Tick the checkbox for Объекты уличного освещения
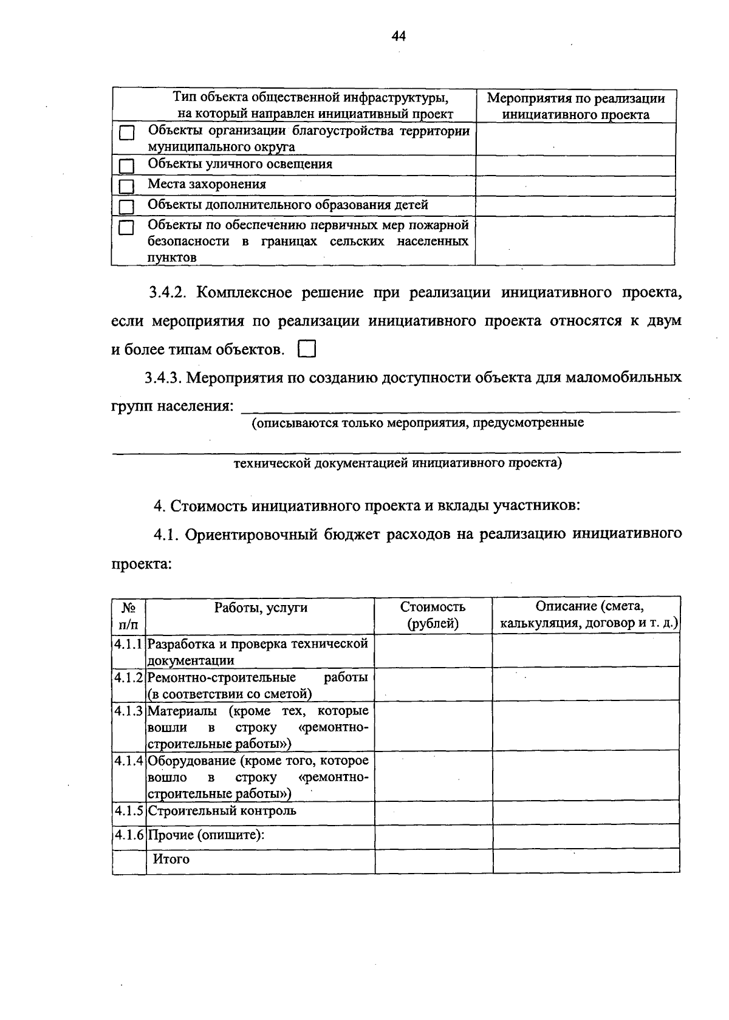click(126, 166)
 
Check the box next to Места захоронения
click(126, 187)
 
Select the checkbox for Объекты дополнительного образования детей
click(126, 207)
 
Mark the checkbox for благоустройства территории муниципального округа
click(126, 133)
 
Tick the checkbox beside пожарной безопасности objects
click(126, 228)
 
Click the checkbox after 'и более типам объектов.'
click(307, 349)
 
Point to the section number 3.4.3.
click(163, 378)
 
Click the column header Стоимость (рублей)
click(433, 615)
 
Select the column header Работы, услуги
click(261, 608)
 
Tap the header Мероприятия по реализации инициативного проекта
click(576, 106)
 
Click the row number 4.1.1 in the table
click(129, 643)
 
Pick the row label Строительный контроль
click(222, 810)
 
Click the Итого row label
click(171, 859)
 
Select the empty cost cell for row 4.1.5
click(433, 812)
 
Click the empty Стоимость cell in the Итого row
click(433, 861)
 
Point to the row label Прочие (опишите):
click(207, 835)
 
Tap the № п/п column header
click(129, 615)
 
